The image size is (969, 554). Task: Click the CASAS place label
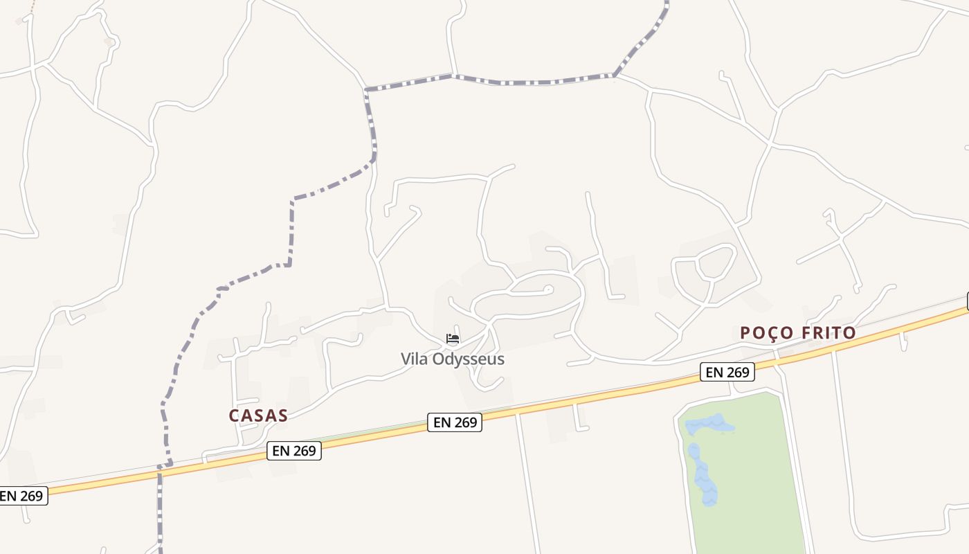[257, 415]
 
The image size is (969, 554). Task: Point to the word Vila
[415, 359]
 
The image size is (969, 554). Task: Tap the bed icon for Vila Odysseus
[453, 339]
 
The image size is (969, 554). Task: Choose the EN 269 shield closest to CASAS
[294, 451]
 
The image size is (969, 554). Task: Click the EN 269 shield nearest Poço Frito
[727, 372]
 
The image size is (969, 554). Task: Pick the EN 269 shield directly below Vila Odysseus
[455, 422]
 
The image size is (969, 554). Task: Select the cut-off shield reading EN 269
[23, 496]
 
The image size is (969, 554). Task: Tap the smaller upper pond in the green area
[709, 425]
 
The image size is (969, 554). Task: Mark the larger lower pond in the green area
[703, 475]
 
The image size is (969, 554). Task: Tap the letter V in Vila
[406, 359]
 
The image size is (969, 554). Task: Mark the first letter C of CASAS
[234, 415]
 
